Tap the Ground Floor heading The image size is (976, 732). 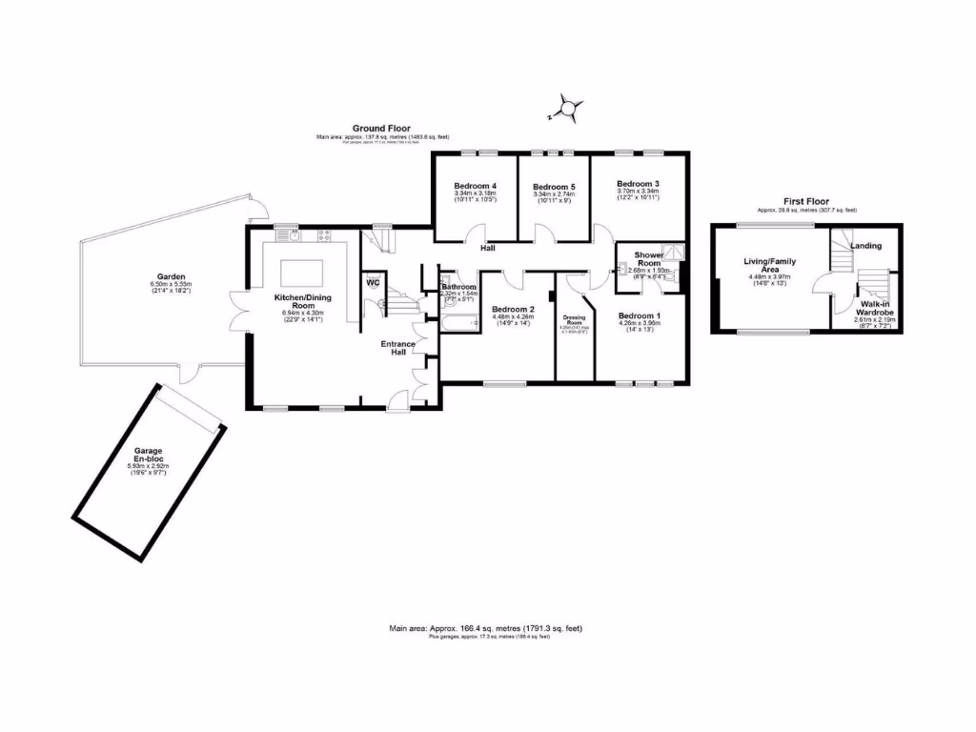coord(381,128)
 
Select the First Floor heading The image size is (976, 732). coord(805,201)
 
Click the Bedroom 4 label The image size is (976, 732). coord(475,185)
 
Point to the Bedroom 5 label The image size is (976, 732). coord(554,187)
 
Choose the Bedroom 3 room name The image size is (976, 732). coord(638,183)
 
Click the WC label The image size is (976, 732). coord(373,282)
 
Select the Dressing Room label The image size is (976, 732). coord(574,319)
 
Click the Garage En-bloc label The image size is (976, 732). coord(147,456)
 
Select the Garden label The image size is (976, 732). coord(171,276)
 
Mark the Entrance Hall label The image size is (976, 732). coord(397,348)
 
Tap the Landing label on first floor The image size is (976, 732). coord(865,245)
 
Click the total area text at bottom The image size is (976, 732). coord(485,628)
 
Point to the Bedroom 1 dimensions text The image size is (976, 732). coord(639,325)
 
